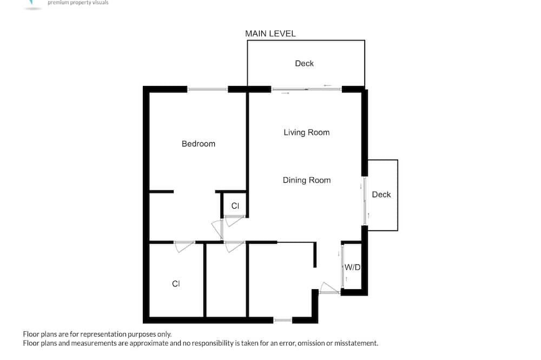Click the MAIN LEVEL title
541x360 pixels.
pos(270,34)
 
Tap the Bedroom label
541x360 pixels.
pos(199,144)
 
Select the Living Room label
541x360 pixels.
pos(306,132)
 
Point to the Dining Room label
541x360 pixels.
pos(307,180)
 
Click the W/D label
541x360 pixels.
pos(352,267)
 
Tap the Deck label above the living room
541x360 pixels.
pos(304,63)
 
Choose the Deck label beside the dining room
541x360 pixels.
pos(381,195)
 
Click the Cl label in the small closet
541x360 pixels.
pos(235,206)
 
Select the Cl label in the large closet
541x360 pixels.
pos(176,284)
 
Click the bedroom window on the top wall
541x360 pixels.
pos(207,89)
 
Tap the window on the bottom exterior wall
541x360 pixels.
pos(283,321)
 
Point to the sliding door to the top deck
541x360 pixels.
pos(306,89)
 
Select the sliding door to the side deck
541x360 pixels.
pos(365,202)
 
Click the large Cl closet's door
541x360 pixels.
pos(184,246)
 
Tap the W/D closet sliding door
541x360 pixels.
pos(342,266)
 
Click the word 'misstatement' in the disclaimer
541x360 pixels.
pos(356,343)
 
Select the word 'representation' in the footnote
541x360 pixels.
pos(103,334)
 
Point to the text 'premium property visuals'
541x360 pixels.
pos(78,3)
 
